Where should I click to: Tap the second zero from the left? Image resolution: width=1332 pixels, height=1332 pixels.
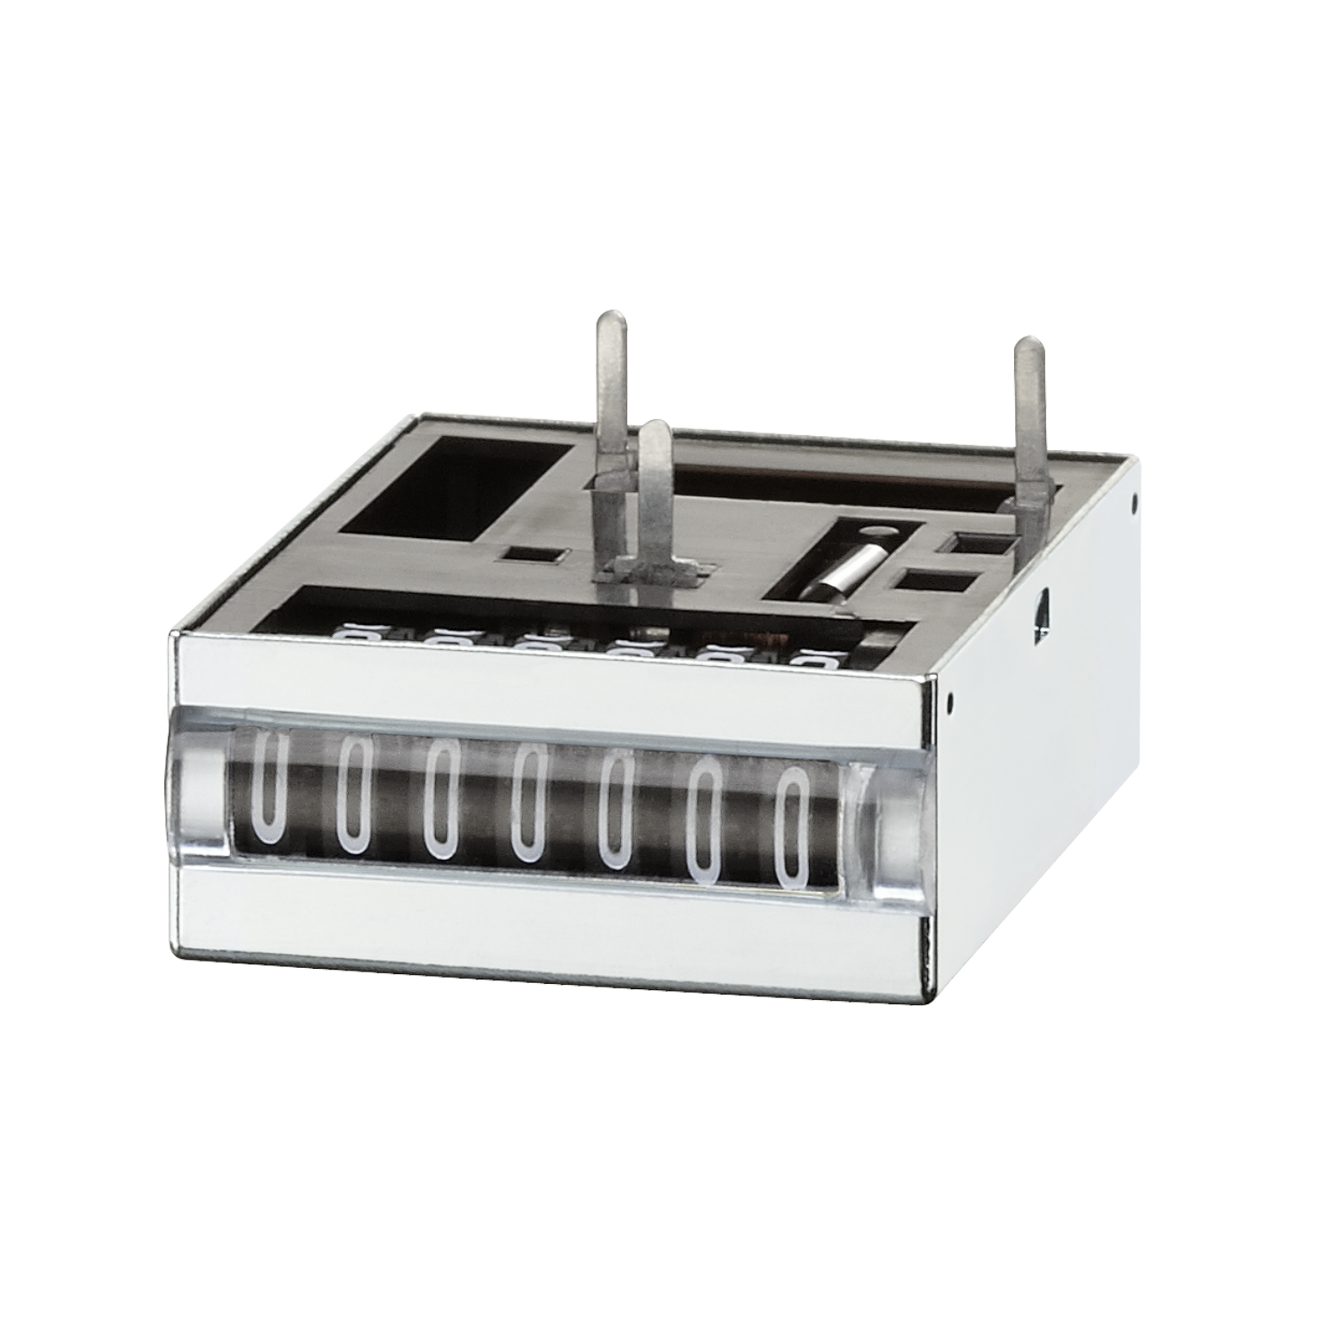click(354, 797)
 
